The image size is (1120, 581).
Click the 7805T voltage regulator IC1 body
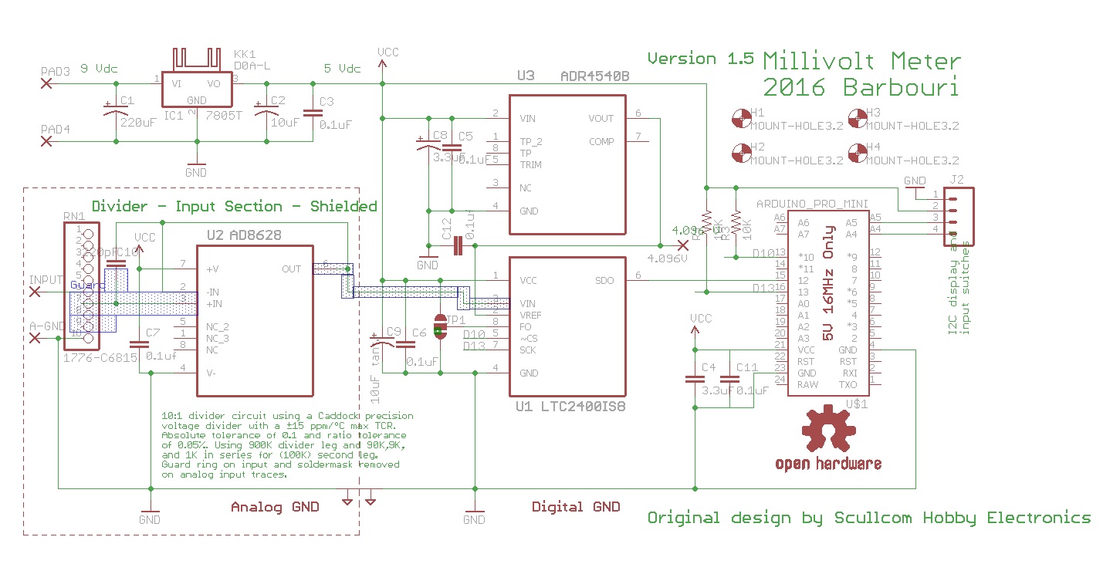196,90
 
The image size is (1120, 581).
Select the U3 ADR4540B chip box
567,164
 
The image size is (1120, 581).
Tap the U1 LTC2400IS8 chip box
567,326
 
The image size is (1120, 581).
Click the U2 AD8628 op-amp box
255,320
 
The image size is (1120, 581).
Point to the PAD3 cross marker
46,83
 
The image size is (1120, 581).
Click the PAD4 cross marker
46,142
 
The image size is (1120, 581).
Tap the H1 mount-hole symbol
740,118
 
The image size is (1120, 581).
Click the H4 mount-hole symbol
857,153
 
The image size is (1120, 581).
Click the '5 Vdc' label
341,69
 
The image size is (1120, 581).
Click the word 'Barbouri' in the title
901,87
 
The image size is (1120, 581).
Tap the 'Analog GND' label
275,507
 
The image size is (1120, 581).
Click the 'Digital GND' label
576,507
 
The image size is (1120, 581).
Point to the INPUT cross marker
35,292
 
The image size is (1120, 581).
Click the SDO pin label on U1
605,281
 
